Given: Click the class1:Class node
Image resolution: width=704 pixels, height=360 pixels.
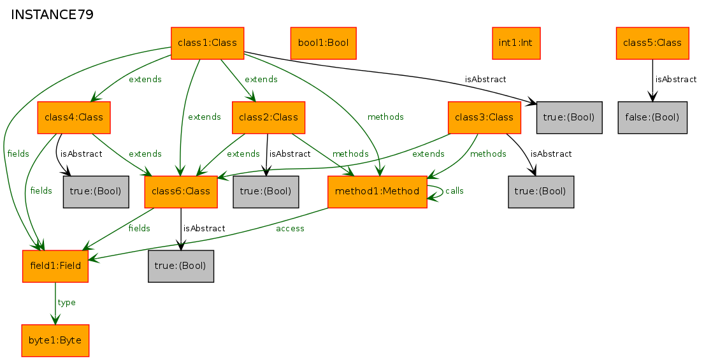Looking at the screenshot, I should pos(208,43).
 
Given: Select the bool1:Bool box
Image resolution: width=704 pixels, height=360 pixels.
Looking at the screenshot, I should pos(323,43).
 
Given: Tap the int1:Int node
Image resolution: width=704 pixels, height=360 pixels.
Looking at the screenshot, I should pos(516,43).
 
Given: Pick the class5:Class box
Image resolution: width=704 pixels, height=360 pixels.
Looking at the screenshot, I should pos(652,43).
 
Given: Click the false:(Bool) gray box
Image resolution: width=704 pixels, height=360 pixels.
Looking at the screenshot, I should pos(652,117).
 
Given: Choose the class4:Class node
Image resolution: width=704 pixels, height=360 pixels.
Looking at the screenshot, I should pos(74,117).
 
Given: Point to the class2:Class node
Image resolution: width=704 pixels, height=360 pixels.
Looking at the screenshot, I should pos(269,117).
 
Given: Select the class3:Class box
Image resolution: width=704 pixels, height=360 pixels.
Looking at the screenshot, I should pos(484,117).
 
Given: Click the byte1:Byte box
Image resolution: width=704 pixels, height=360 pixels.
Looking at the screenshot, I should pos(55,341).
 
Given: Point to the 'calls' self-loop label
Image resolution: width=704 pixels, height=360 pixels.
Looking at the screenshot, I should pos(454,191).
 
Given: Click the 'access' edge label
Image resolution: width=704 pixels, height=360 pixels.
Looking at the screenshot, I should pos(290,229).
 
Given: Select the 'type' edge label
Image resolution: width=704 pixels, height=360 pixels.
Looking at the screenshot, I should pos(66,303).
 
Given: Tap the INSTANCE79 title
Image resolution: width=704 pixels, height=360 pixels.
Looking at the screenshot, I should pos(52,15).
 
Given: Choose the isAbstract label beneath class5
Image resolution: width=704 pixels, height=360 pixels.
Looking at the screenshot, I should pos(676,80).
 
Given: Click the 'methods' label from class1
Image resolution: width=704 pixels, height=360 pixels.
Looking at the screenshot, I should pos(385,117).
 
